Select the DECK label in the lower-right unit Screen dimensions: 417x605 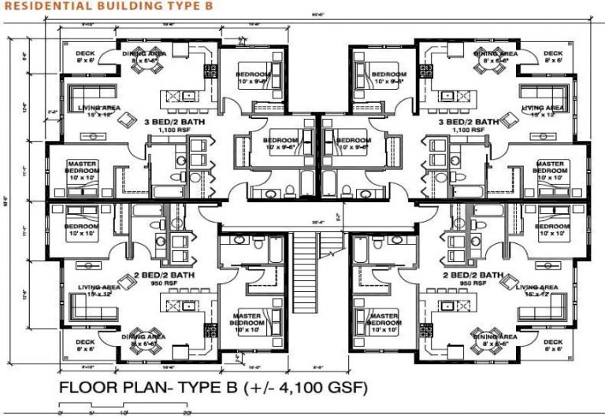(x=552, y=342)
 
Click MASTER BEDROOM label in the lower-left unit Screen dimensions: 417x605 (x=251, y=319)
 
